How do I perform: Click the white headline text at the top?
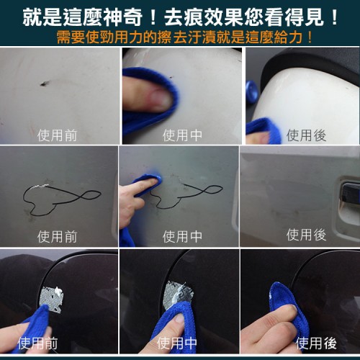click(x=180, y=17)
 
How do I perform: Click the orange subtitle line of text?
click(x=185, y=37)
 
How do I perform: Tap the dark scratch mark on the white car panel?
click(x=45, y=84)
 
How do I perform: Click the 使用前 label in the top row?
click(x=57, y=135)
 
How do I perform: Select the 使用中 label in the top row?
click(x=182, y=135)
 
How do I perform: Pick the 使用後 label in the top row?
click(x=306, y=135)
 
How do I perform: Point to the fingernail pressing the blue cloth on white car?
click(x=161, y=98)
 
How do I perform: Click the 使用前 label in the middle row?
click(x=57, y=236)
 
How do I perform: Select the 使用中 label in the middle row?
click(x=182, y=236)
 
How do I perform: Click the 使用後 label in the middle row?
click(x=306, y=235)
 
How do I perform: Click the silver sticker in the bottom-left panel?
click(x=52, y=300)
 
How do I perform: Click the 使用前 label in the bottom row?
click(x=37, y=343)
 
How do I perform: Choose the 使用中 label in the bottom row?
click(x=177, y=343)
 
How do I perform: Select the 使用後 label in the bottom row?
click(x=316, y=343)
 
